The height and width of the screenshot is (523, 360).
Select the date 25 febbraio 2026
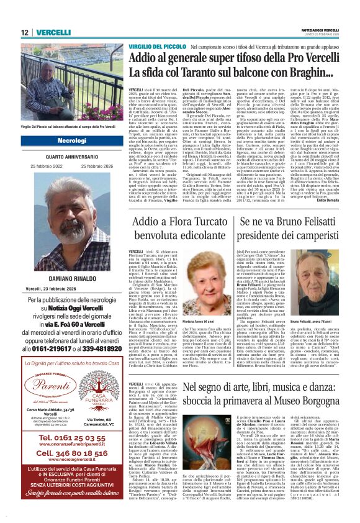[x=96, y=166]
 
